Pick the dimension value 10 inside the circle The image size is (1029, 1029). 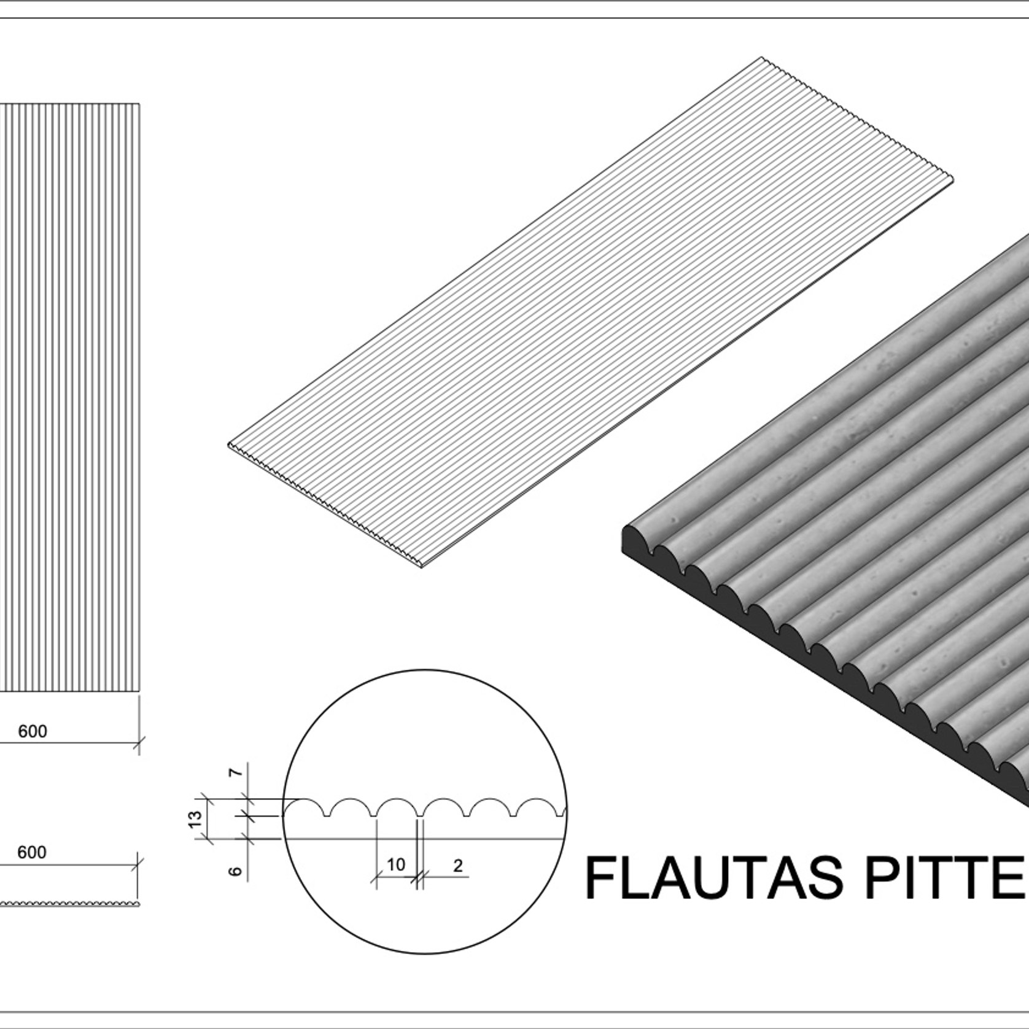[396, 864]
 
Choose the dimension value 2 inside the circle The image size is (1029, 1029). [457, 865]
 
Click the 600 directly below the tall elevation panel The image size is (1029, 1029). [32, 731]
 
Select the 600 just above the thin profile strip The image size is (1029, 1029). [32, 852]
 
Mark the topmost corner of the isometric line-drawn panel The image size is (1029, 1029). [759, 58]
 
